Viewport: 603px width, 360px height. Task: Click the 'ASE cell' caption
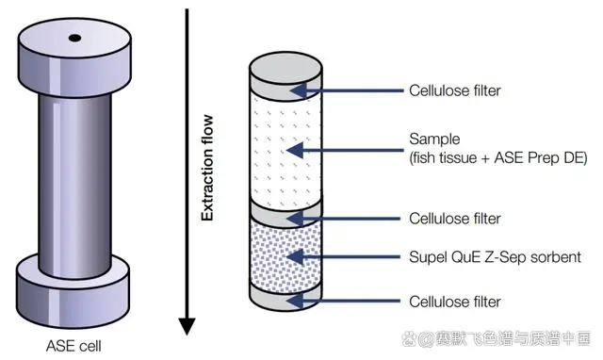pyautogui.click(x=73, y=345)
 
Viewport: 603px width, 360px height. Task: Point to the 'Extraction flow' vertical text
pyautogui.click(x=208, y=169)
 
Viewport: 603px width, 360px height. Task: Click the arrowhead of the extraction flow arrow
pyautogui.click(x=187, y=326)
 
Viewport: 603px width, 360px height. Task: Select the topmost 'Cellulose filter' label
pyautogui.click(x=456, y=91)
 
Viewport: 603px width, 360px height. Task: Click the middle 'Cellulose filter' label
pyautogui.click(x=456, y=219)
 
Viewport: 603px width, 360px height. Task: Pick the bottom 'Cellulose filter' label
pyautogui.click(x=456, y=302)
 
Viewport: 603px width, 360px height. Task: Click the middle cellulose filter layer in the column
pyautogui.click(x=285, y=212)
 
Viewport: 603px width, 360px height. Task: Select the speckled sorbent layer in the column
pyautogui.click(x=285, y=256)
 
